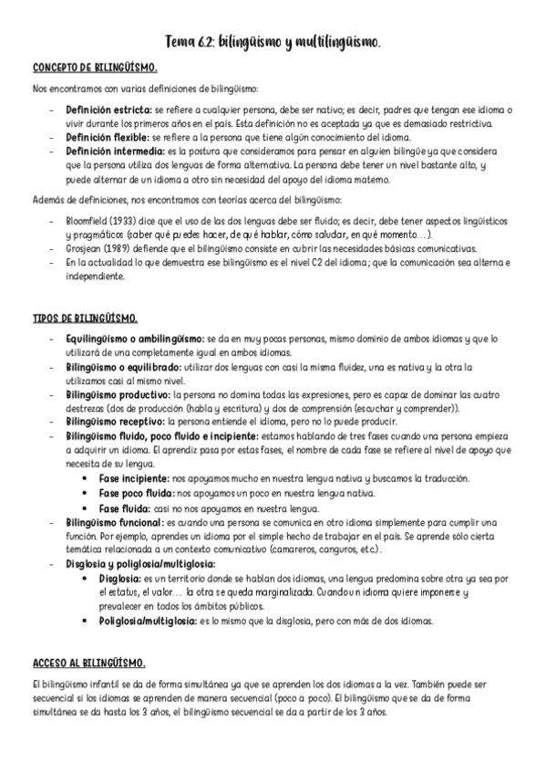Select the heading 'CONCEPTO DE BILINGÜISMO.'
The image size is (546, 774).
click(x=95, y=68)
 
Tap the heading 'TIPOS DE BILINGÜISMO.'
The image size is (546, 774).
click(x=85, y=318)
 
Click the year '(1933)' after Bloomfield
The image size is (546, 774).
click(x=127, y=222)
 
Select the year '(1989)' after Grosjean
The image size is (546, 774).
click(x=124, y=248)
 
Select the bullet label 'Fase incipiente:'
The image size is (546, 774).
click(x=131, y=479)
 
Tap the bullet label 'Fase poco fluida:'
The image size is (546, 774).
click(x=135, y=493)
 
